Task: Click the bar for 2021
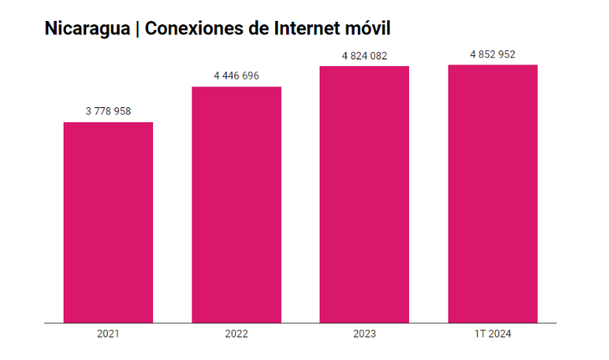109,222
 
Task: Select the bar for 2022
237,204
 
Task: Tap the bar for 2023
364,193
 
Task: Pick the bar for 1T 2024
492,193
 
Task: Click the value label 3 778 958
109,111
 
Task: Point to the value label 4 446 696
237,75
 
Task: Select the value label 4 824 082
364,55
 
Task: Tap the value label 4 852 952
492,54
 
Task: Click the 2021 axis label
109,334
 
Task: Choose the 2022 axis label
237,334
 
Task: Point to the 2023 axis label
364,334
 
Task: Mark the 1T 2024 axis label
492,334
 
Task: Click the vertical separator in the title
136,28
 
